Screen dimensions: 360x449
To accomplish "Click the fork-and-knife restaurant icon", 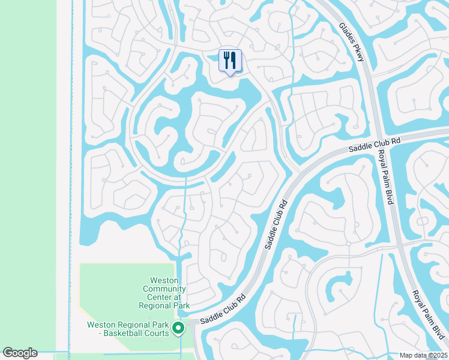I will click(x=230, y=61).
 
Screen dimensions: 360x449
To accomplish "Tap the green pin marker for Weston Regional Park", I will click(x=178, y=328).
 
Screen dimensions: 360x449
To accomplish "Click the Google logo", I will click(x=20, y=353).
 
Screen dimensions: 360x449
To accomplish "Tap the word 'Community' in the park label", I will click(x=164, y=289).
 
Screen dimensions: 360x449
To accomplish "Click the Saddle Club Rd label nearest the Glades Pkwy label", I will click(x=375, y=144).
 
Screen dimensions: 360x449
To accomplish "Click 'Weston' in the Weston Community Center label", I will click(x=163, y=280).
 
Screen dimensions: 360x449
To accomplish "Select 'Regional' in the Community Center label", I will click(x=155, y=305).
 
